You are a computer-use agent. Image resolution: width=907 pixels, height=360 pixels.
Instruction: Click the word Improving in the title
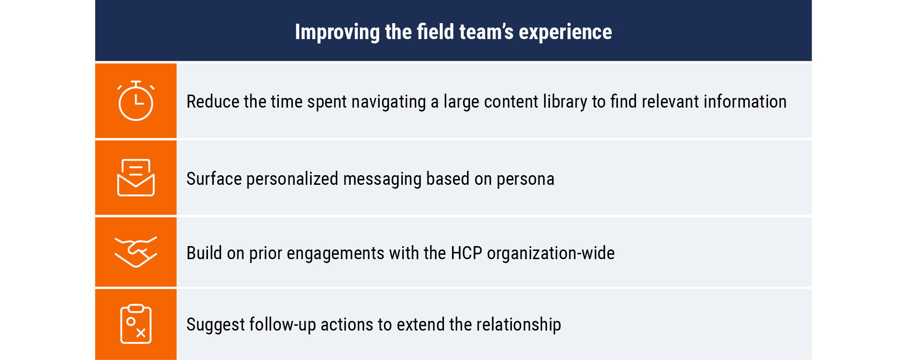pos(337,32)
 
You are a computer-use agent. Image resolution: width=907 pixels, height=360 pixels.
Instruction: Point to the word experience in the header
pos(565,32)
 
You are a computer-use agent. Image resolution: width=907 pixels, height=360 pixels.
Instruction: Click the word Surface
pos(214,179)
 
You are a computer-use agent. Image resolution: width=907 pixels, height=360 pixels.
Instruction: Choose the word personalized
pos(292,179)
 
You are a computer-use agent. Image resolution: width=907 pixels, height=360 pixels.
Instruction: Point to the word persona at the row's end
pos(525,180)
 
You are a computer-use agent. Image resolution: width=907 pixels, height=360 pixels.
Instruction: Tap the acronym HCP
pos(467,253)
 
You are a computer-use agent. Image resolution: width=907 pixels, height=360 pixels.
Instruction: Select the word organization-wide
pos(551,253)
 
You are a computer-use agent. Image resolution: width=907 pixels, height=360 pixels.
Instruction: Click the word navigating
pos(388,102)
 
